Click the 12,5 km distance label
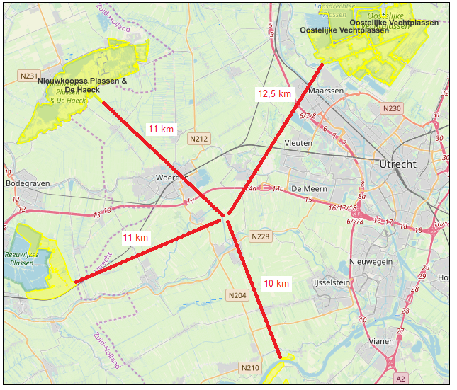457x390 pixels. (274, 93)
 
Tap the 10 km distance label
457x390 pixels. (276, 284)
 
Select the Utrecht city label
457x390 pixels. (398, 164)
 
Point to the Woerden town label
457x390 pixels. (171, 178)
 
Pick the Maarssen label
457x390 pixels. (326, 91)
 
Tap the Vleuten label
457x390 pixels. (298, 143)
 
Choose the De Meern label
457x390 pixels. (307, 189)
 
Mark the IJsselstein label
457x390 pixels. (332, 282)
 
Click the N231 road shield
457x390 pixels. (29, 76)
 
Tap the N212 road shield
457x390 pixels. (199, 139)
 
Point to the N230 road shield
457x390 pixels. (391, 108)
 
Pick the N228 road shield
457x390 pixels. (261, 236)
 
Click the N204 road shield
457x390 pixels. (237, 294)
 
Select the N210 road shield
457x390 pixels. (250, 367)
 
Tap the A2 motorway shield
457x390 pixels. (401, 379)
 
